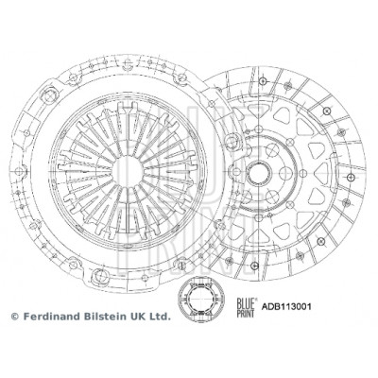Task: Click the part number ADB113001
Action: point(286,306)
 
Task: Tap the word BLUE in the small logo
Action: point(245,303)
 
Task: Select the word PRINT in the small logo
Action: point(245,313)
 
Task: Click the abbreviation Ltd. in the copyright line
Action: point(160,316)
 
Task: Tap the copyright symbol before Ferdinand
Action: point(15,317)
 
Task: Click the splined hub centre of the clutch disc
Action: point(259,173)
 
